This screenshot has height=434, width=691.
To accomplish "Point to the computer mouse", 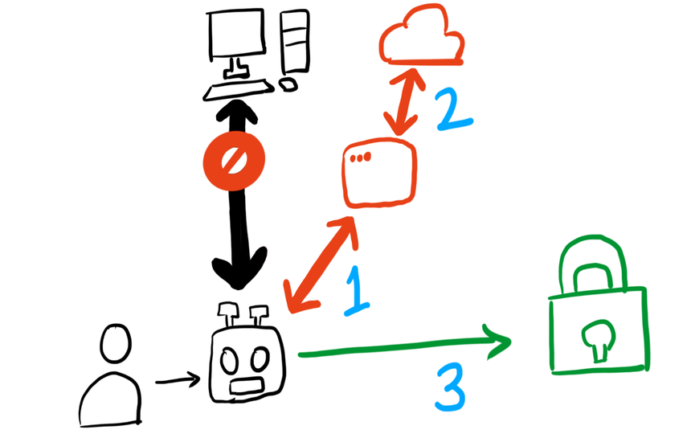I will pyautogui.click(x=288, y=83).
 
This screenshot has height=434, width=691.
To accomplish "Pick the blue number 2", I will pyautogui.click(x=453, y=110).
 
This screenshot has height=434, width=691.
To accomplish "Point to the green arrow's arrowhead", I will pyautogui.click(x=498, y=342).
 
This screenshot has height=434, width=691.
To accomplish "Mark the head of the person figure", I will pyautogui.click(x=115, y=345).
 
